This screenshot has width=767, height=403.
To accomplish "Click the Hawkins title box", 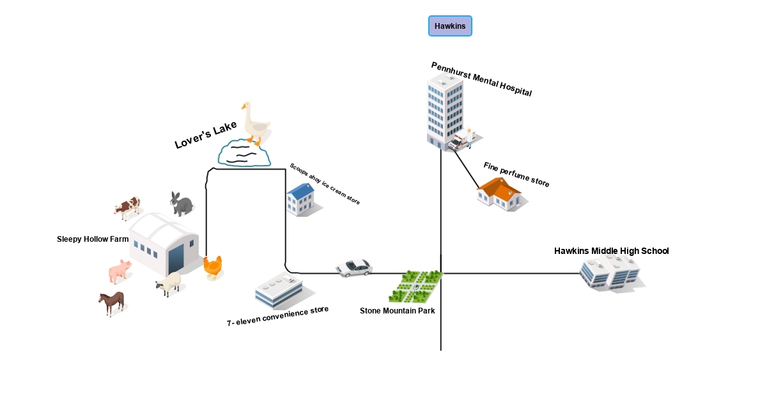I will (x=450, y=26).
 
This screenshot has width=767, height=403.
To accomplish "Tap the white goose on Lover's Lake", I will (x=255, y=123).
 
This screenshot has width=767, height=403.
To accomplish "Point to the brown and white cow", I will (x=128, y=207).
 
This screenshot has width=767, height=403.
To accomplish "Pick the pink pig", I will (x=120, y=271).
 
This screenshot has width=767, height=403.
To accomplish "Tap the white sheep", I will (x=169, y=283).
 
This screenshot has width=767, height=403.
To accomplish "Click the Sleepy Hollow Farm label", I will (x=93, y=239).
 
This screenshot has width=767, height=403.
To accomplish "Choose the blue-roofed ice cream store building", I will (x=300, y=199).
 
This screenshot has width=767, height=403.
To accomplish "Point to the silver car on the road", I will (x=354, y=267).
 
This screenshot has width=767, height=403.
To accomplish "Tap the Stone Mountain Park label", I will (x=397, y=311).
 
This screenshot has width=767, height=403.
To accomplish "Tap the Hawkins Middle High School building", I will (x=610, y=273).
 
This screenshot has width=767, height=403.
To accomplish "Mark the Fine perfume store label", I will (x=516, y=175).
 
